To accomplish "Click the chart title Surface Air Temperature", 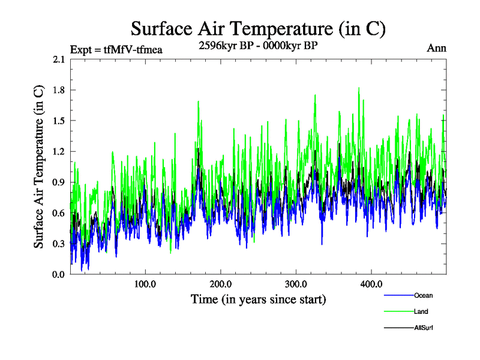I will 258,29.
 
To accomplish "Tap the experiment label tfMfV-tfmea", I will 116,49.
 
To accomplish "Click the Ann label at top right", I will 436,48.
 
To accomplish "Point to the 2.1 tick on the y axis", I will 60,59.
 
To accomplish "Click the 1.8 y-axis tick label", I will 60,90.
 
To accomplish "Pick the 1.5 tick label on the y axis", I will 60,121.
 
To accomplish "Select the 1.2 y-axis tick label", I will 60,151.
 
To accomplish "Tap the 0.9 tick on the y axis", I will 60,182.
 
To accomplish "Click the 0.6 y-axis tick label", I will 60,213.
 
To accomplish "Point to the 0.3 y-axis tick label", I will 60,244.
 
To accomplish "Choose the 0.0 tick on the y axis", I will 60,274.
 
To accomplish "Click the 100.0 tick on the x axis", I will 145,284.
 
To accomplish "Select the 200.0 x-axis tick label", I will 221,284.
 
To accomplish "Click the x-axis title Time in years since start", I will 258,299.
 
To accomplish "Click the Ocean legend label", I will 423,295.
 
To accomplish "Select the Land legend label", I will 421,311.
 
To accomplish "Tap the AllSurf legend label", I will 424,328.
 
